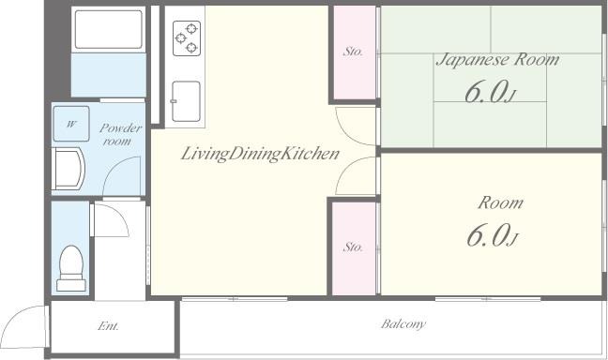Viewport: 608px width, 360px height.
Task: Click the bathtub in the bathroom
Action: pyautogui.click(x=109, y=29)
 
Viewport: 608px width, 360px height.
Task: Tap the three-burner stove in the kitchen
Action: pyautogui.click(x=187, y=38)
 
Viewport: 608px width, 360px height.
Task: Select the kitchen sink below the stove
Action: pyautogui.click(x=186, y=101)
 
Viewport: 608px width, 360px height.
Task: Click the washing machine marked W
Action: pyautogui.click(x=71, y=124)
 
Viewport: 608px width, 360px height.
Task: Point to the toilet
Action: pyautogui.click(x=71, y=268)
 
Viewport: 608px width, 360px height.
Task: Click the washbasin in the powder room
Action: pyautogui.click(x=68, y=169)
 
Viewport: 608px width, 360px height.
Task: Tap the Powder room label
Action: pyautogui.click(x=120, y=134)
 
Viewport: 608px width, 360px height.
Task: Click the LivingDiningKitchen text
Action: pyautogui.click(x=260, y=154)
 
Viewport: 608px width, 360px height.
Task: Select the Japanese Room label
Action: pyautogui.click(x=497, y=60)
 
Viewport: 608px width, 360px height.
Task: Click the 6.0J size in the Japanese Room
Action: pyautogui.click(x=491, y=92)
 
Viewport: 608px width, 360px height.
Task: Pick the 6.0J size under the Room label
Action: pyautogui.click(x=492, y=235)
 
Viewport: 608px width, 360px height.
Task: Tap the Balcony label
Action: pyautogui.click(x=403, y=323)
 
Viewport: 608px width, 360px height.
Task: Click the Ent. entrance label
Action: pyautogui.click(x=108, y=326)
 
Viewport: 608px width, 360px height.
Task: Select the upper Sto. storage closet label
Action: pyautogui.click(x=353, y=52)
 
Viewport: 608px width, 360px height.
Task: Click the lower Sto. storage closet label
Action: pyautogui.click(x=353, y=247)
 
